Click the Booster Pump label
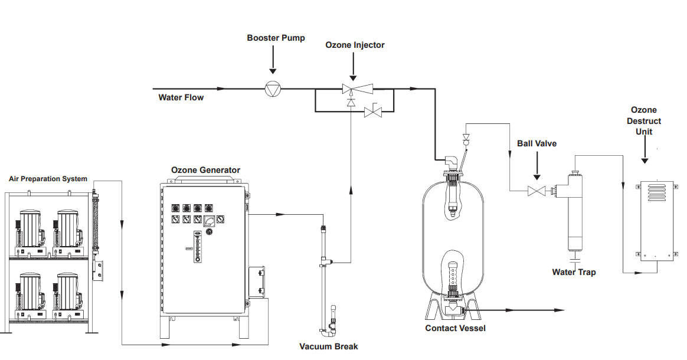[276, 38]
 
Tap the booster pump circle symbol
[273, 89]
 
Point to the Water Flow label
[181, 97]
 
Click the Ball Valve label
[536, 143]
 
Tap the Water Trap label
[574, 272]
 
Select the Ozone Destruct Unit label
[644, 121]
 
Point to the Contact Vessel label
[455, 328]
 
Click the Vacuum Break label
[328, 346]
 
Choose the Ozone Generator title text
[205, 170]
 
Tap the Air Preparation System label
[48, 179]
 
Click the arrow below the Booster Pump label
[273, 60]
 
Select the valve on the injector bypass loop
[374, 112]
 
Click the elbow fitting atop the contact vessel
[452, 161]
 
